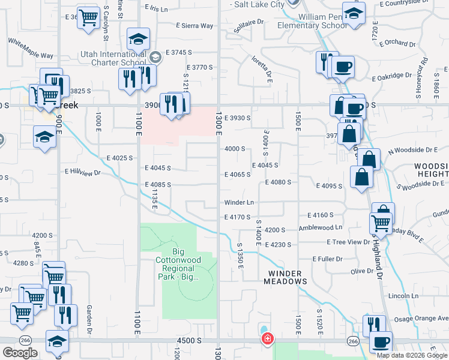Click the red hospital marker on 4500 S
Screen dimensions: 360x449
[267, 340]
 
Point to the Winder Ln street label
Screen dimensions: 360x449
[239, 203]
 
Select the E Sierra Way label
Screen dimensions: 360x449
[194, 26]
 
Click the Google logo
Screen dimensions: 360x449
[20, 353]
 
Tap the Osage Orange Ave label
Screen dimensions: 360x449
[424, 318]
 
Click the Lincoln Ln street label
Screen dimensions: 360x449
[403, 296]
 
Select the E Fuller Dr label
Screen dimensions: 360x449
[327, 259]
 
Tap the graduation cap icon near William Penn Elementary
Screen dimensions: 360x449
[354, 14]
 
